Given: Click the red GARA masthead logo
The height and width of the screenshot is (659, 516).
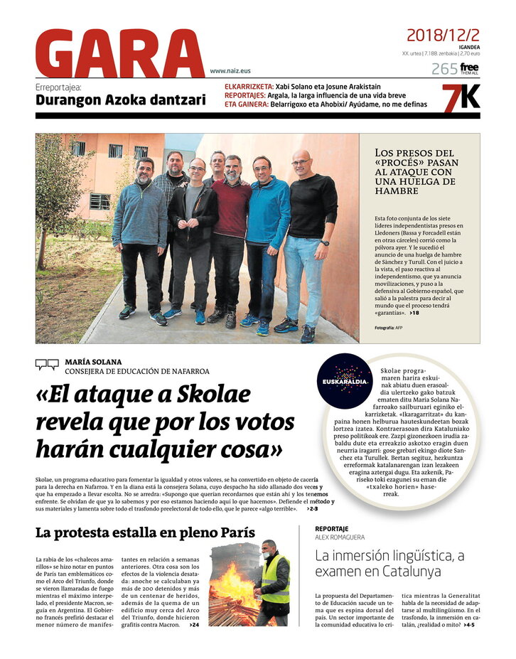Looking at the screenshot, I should pyautogui.click(x=121, y=53).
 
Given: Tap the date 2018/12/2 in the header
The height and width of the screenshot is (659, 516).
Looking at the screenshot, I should pyautogui.click(x=442, y=35).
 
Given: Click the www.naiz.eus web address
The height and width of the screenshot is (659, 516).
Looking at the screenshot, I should pyautogui.click(x=230, y=71).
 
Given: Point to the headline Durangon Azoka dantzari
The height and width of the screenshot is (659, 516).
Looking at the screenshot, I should pyautogui.click(x=121, y=100).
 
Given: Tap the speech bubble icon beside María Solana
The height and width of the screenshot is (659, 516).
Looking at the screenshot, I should pyautogui.click(x=47, y=365).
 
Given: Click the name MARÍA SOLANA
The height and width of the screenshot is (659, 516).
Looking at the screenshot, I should pyautogui.click(x=93, y=362).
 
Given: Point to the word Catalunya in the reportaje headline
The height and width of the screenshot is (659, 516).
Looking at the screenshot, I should pyautogui.click(x=403, y=571).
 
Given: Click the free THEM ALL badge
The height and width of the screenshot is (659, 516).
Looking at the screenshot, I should pyautogui.click(x=469, y=68).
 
